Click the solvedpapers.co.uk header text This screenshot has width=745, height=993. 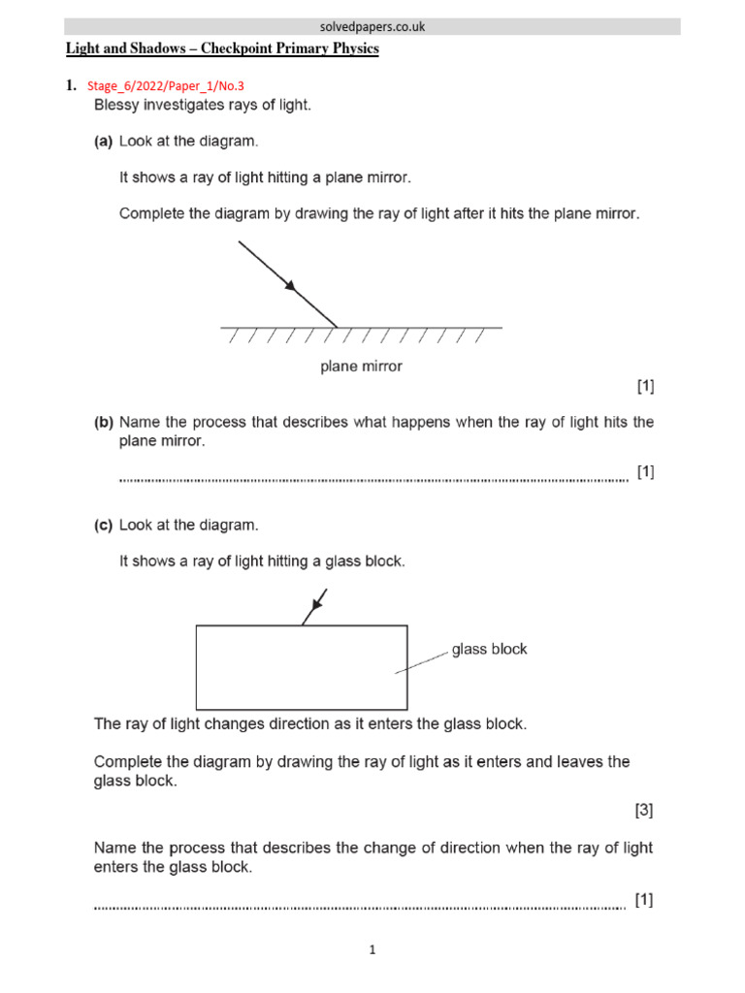click(372, 27)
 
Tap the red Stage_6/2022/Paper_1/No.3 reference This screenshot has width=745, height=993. click(159, 85)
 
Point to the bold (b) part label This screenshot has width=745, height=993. click(104, 423)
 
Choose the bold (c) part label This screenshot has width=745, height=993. click(104, 526)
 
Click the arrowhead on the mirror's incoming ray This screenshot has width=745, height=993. click(290, 284)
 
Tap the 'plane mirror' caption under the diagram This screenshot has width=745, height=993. click(361, 367)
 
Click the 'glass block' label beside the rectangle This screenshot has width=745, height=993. click(489, 650)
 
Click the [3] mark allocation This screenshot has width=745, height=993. click(644, 809)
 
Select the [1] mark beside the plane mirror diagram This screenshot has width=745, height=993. click(645, 387)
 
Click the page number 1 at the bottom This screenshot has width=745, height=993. click(372, 951)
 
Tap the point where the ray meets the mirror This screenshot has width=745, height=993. click(337, 328)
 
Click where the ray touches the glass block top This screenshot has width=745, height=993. click(303, 625)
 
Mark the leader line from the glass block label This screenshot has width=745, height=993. click(422, 660)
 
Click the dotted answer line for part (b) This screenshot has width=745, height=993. click(372, 478)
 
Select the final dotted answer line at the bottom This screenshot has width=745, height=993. click(359, 908)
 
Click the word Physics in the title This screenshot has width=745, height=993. click(353, 49)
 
